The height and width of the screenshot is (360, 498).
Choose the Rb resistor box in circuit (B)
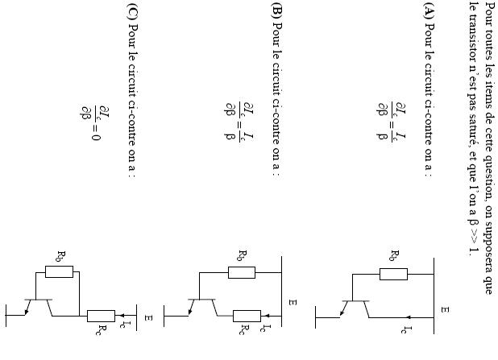242,271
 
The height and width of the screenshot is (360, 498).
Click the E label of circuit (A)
445,308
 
